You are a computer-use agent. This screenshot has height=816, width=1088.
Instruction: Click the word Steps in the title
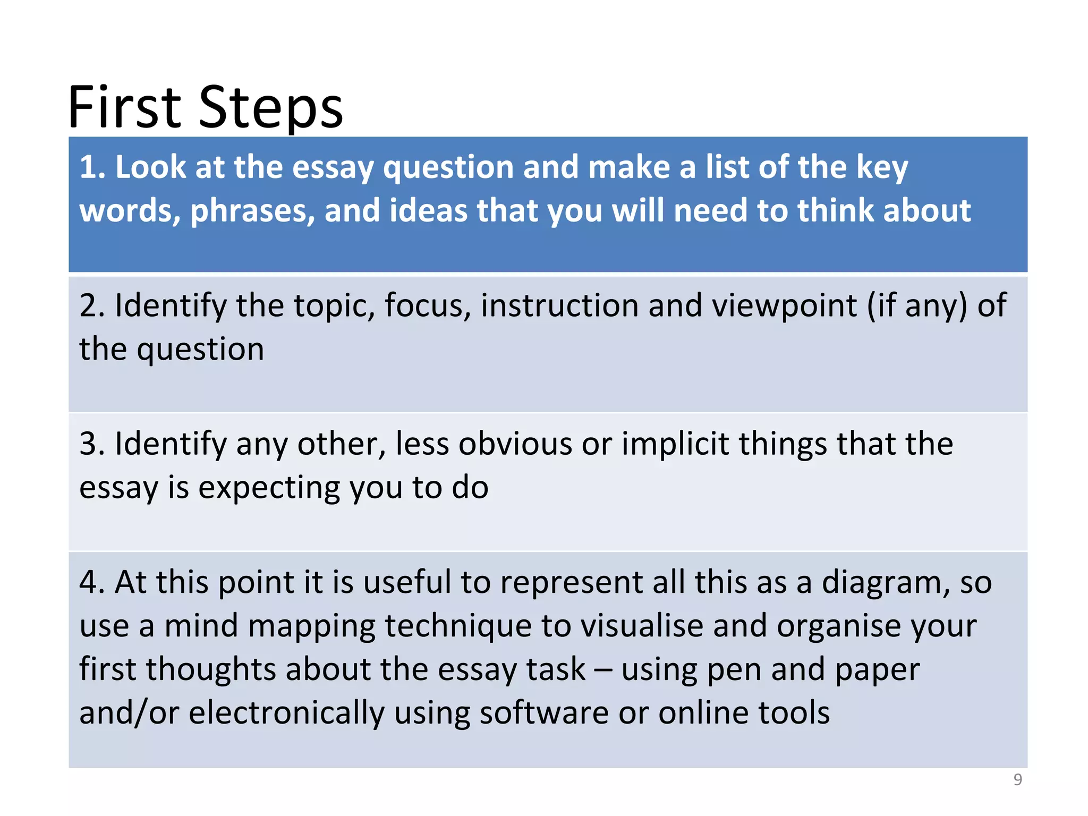pyautogui.click(x=271, y=108)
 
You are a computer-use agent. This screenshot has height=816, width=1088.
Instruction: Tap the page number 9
pyautogui.click(x=1017, y=779)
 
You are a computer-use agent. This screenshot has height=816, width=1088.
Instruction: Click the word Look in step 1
pyautogui.click(x=150, y=167)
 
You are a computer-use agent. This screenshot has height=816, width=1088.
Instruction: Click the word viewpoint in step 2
pyautogui.click(x=784, y=307)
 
